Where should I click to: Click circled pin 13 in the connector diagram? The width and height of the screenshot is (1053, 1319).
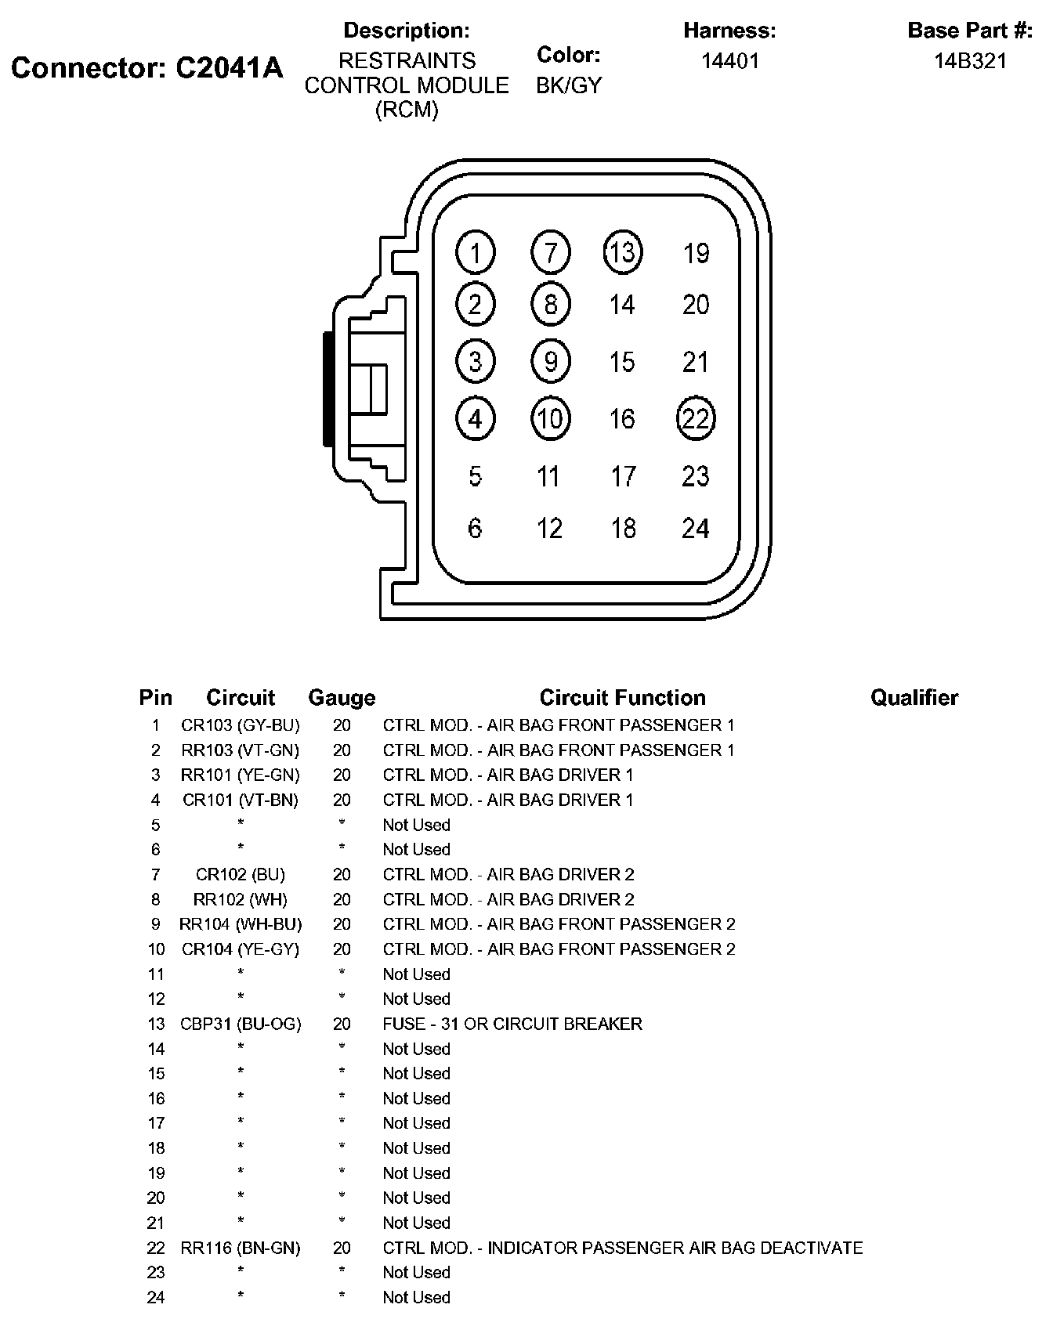pyautogui.click(x=623, y=252)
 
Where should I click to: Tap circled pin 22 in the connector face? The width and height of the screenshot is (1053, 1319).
pyautogui.click(x=696, y=418)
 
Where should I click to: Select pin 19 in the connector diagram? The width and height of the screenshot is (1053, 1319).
pyautogui.click(x=696, y=253)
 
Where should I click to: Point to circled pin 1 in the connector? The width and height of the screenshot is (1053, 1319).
pyautogui.click(x=475, y=252)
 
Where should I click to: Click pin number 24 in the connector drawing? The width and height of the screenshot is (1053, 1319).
pyautogui.click(x=696, y=529)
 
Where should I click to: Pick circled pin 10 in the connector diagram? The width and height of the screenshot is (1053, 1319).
pyautogui.click(x=550, y=418)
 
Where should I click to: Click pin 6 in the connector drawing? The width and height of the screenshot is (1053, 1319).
pyautogui.click(x=475, y=529)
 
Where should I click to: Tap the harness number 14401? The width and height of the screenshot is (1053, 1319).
pyautogui.click(x=729, y=61)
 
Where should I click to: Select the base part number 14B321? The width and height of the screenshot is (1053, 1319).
pyautogui.click(x=970, y=61)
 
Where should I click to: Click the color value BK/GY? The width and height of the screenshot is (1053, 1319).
pyautogui.click(x=569, y=85)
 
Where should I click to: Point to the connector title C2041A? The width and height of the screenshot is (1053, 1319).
pyautogui.click(x=147, y=68)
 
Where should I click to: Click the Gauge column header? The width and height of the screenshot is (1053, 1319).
pyautogui.click(x=342, y=697)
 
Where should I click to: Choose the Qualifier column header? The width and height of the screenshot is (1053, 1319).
pyautogui.click(x=914, y=697)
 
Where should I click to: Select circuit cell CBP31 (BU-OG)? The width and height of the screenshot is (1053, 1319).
pyautogui.click(x=241, y=1024)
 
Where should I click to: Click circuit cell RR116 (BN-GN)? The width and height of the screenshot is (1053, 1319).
pyautogui.click(x=241, y=1248)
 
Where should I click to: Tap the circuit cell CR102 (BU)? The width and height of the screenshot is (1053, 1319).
pyautogui.click(x=241, y=874)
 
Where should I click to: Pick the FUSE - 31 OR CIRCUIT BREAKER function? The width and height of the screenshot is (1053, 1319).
pyautogui.click(x=512, y=1024)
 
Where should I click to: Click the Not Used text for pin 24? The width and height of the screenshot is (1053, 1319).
pyautogui.click(x=416, y=1297)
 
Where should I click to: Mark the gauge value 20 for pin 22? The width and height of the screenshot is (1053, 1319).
pyautogui.click(x=342, y=1248)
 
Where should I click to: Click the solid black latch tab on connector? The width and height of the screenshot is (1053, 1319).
pyautogui.click(x=327, y=389)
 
